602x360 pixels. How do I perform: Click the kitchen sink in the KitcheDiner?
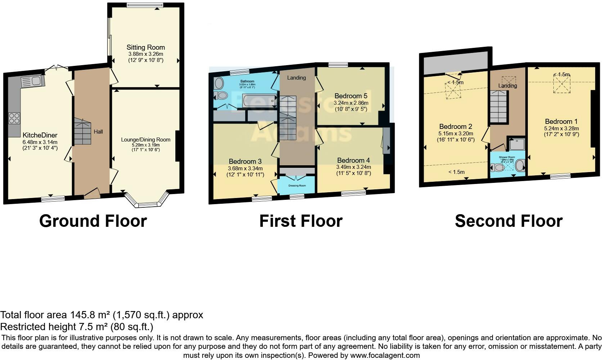[32, 81]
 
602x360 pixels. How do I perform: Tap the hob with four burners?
[14, 118]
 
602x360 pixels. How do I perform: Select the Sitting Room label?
[145, 47]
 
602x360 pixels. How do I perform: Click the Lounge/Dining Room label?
[145, 140]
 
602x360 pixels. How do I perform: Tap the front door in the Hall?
[92, 194]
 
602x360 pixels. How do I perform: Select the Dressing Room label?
[297, 186]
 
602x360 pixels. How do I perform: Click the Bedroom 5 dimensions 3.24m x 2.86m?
[351, 103]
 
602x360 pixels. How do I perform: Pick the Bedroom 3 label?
[245, 161]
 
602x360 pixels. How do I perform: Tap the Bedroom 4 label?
[354, 160]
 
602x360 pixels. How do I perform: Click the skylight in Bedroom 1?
[562, 85]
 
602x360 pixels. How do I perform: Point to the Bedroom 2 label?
[455, 126]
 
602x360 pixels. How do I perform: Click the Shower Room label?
[507, 157]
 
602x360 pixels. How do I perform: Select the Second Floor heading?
[508, 221]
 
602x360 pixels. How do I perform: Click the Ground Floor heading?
[93, 221]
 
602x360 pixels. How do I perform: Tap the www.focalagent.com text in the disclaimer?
[385, 355]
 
